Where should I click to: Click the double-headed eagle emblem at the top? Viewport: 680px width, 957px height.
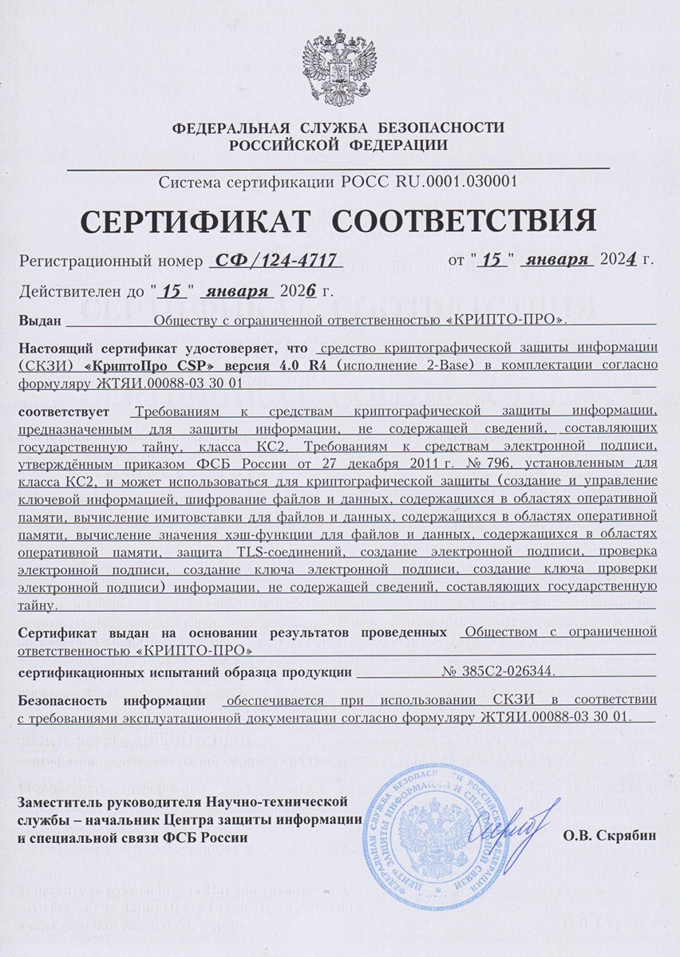point(339,65)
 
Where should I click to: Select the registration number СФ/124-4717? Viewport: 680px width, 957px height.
point(274,260)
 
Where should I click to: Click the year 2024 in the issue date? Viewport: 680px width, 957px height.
point(620,260)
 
